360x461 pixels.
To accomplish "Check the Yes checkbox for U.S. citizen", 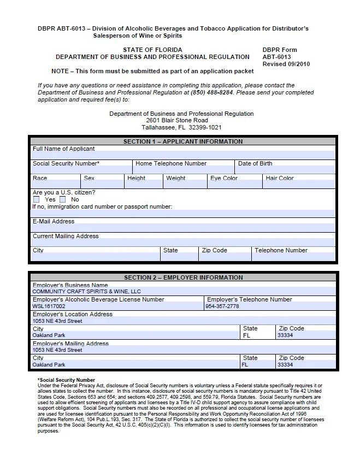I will (x=36, y=200).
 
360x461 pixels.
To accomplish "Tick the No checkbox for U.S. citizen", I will (x=63, y=200).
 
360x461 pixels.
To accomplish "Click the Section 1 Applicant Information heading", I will (x=182, y=141).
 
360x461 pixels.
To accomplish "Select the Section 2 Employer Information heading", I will (x=182, y=277).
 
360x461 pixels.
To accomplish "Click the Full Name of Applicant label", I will (x=63, y=149).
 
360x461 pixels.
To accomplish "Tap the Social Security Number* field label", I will (x=66, y=163).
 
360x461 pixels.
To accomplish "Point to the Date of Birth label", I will (x=255, y=163).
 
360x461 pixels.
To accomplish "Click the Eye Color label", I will (x=224, y=178).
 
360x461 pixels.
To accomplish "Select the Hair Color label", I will (x=280, y=178).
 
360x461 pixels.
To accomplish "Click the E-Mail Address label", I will (x=54, y=221).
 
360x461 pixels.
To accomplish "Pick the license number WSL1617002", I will (x=49, y=306).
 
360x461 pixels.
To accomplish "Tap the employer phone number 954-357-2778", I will (x=222, y=306).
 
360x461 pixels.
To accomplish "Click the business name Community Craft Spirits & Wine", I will (x=86, y=292).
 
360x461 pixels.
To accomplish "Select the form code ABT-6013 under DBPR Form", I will (x=276, y=57).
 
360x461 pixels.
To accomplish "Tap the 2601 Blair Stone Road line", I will (x=177, y=120).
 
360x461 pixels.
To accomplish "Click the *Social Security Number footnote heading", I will (x=66, y=380).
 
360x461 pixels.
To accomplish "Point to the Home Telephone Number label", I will (x=171, y=163).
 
